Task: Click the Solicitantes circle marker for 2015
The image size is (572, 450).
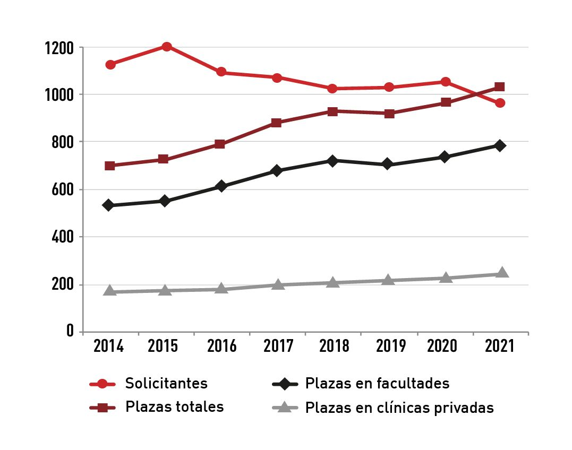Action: point(166,47)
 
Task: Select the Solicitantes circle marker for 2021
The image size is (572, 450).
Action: point(500,103)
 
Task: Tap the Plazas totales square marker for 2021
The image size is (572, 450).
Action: point(500,87)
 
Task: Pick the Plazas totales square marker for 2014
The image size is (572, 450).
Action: point(110,166)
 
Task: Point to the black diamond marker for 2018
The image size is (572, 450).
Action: point(332,161)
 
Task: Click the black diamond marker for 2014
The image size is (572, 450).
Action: point(108,205)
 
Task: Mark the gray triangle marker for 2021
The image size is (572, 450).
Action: point(501,273)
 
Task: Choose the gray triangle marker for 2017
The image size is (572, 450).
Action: point(277,285)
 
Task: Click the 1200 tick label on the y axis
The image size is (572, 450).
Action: point(60,48)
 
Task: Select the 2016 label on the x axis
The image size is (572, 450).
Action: point(222,347)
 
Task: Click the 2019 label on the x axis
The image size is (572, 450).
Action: point(390,347)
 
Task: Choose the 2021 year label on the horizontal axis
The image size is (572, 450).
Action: point(500,347)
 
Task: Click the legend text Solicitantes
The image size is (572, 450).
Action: point(166,383)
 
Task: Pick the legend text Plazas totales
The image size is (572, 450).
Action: point(174,407)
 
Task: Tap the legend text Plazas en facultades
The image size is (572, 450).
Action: point(377,383)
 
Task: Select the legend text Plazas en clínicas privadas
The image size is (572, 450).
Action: point(399,408)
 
